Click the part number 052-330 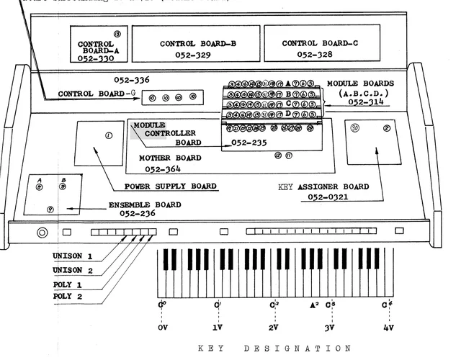97,60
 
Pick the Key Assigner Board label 323,186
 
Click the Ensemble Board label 145,204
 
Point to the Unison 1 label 72,256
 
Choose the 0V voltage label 163,327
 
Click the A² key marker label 315,305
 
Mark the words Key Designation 275,348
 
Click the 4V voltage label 389,327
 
